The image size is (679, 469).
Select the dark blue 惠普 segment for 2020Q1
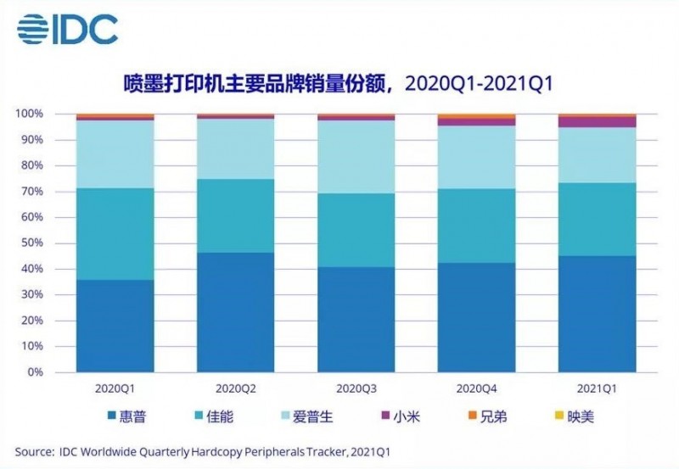(x=115, y=326)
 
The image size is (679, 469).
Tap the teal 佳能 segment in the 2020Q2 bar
(x=236, y=215)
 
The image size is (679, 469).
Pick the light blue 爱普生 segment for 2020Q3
(x=356, y=157)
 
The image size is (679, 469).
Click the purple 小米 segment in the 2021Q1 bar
(x=597, y=121)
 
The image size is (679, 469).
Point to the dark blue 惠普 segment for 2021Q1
(x=597, y=314)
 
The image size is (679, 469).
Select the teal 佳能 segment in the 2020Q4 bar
(x=476, y=226)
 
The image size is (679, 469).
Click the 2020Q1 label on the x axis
(x=115, y=388)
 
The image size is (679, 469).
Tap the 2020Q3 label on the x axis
(x=356, y=388)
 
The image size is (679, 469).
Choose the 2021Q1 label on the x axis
(x=597, y=388)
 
